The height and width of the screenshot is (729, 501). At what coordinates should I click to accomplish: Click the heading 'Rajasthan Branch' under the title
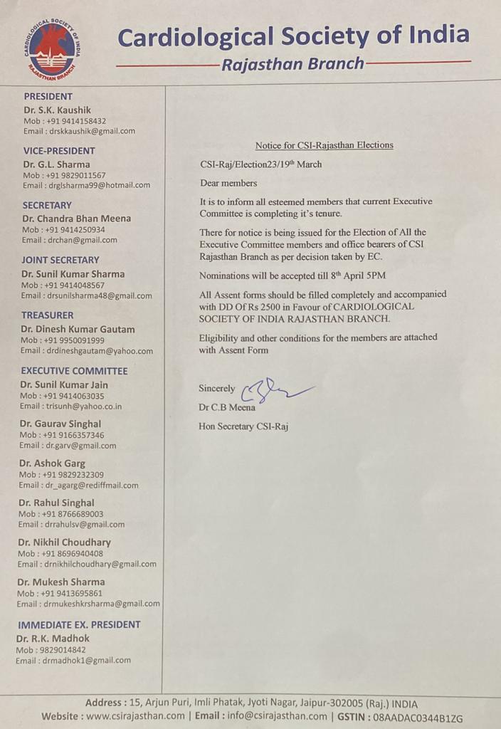pyautogui.click(x=292, y=64)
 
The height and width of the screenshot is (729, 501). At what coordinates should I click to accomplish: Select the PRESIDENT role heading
pyautogui.click(x=48, y=96)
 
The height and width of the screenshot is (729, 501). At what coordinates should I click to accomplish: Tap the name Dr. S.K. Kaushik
pyautogui.click(x=57, y=110)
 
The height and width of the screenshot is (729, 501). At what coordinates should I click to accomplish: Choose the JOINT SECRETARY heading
pyautogui.click(x=60, y=260)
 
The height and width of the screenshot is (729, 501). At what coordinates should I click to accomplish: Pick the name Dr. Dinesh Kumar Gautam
pyautogui.click(x=78, y=329)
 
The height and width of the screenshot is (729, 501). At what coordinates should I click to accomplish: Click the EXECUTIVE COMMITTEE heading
pyautogui.click(x=74, y=371)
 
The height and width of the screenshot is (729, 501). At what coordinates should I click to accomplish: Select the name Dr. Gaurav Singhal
pyautogui.click(x=60, y=424)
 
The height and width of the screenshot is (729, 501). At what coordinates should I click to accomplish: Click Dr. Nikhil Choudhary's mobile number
pyautogui.click(x=72, y=553)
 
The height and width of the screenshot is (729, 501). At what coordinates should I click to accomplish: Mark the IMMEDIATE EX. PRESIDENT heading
pyautogui.click(x=79, y=624)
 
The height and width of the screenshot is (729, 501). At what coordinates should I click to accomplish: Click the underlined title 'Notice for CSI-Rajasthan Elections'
pyautogui.click(x=324, y=145)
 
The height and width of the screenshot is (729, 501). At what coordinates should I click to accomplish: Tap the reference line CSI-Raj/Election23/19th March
pyautogui.click(x=260, y=164)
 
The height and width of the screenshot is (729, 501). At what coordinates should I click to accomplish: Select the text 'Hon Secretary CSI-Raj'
pyautogui.click(x=243, y=426)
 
